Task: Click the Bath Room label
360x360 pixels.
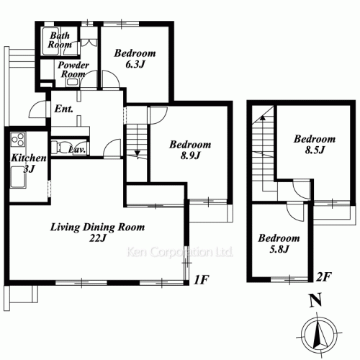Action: coord(60,40)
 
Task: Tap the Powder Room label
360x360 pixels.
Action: coord(73,70)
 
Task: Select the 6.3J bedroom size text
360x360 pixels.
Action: coord(135,65)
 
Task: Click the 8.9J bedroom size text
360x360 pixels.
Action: coord(189,155)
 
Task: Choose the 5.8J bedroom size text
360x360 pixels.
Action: coord(278,249)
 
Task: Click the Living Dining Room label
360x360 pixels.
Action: coord(97,228)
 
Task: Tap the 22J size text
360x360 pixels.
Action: coord(98,239)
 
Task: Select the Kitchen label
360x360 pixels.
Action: coord(29,158)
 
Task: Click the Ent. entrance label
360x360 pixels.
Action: coord(62,109)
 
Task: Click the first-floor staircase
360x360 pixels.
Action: coord(136,140)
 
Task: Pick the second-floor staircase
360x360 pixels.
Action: coord(261,144)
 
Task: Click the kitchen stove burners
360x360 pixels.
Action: coord(18,140)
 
